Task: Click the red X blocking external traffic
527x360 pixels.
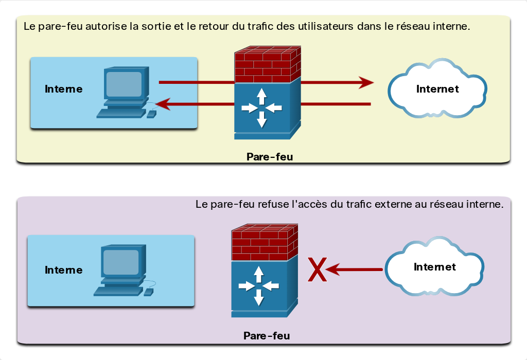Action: [317, 269]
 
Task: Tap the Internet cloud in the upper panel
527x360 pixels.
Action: [437, 88]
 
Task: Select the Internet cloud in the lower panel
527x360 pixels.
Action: [434, 266]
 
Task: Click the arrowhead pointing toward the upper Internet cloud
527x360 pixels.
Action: [366, 82]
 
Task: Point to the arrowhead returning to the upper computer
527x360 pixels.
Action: [163, 104]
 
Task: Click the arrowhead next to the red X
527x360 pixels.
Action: [333, 269]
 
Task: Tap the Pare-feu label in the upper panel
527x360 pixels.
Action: [270, 157]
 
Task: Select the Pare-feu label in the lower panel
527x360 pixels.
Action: [267, 336]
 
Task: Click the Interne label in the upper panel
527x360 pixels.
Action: [63, 89]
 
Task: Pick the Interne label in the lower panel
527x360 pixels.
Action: [63, 270]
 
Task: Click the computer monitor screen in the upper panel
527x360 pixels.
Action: [124, 84]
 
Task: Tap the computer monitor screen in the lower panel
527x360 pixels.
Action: [120, 262]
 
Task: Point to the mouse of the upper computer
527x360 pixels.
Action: [152, 114]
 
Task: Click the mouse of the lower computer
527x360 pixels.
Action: [149, 292]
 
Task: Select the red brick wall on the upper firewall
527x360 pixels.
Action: [268, 64]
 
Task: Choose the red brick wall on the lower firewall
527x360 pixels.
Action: [265, 242]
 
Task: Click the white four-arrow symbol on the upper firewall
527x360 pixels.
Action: [262, 108]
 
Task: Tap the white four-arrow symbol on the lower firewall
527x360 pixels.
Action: [259, 286]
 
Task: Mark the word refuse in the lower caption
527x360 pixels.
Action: [273, 204]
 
